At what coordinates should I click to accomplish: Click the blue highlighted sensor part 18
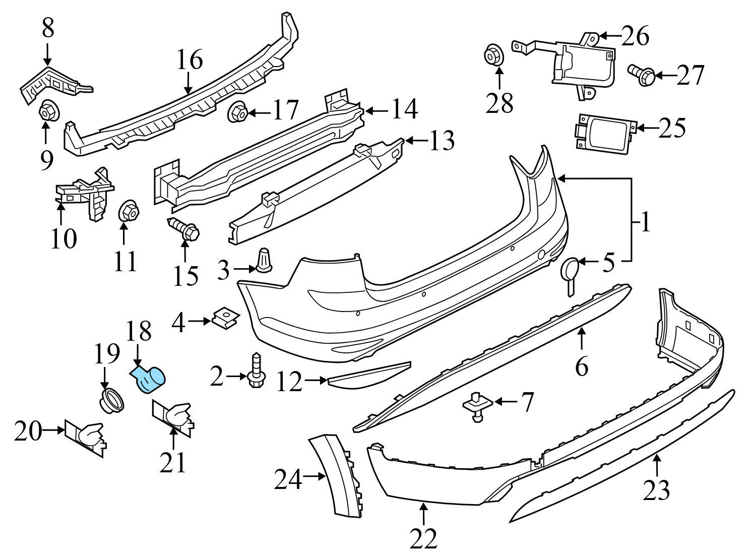point(152,378)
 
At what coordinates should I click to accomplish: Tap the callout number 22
point(424,538)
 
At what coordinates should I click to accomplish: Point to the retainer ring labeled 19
point(111,401)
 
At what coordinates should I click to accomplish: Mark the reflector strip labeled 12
point(368,374)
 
